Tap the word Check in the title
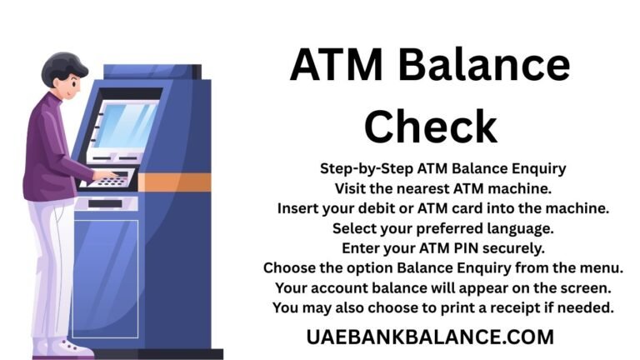(431, 125)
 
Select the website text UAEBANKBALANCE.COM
(431, 337)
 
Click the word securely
(503, 248)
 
